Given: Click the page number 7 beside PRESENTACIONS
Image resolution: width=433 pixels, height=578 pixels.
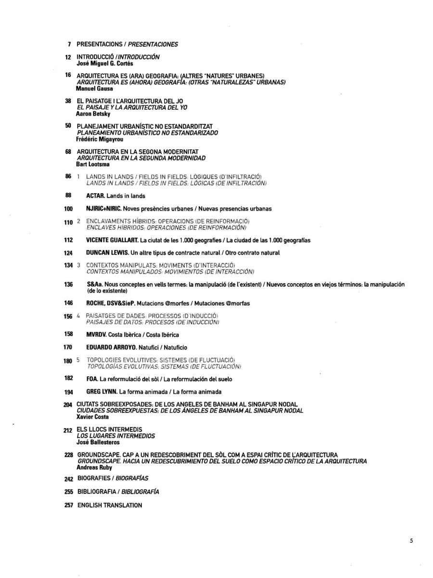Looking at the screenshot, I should [x=70, y=44].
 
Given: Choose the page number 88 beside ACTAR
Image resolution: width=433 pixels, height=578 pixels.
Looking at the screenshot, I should [x=68, y=196].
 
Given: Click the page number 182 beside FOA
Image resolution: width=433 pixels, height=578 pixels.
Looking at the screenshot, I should [x=68, y=379].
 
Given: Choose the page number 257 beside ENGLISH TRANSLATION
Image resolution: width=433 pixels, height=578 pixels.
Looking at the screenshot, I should [x=68, y=505].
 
